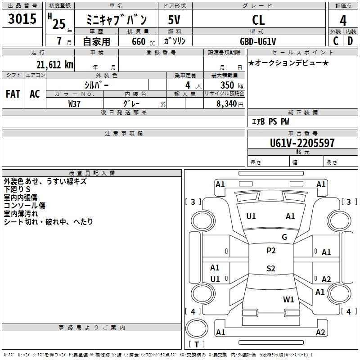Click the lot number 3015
pyautogui.click(x=22, y=18)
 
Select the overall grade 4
pyautogui.click(x=343, y=21)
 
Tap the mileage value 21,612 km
pyautogui.click(x=55, y=65)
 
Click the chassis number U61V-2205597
pyautogui.click(x=302, y=143)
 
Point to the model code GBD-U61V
pyautogui.click(x=258, y=41)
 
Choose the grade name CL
pyautogui.click(x=258, y=20)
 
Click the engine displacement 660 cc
pyautogui.click(x=143, y=42)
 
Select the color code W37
pyautogui.click(x=74, y=104)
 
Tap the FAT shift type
pyautogui.click(x=13, y=94)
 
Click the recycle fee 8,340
pyautogui.click(x=227, y=104)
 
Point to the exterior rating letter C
pyautogui.click(x=336, y=41)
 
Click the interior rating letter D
pyautogui.click(x=350, y=41)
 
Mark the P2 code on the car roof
pyautogui.click(x=271, y=251)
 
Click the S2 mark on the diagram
pyautogui.click(x=271, y=268)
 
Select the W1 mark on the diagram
pyautogui.click(x=288, y=299)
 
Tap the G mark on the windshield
pyautogui.click(x=284, y=237)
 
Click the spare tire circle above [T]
pyautogui.click(x=197, y=329)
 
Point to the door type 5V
pyautogui.click(x=174, y=20)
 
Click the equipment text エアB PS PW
pyautogui.click(x=270, y=121)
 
